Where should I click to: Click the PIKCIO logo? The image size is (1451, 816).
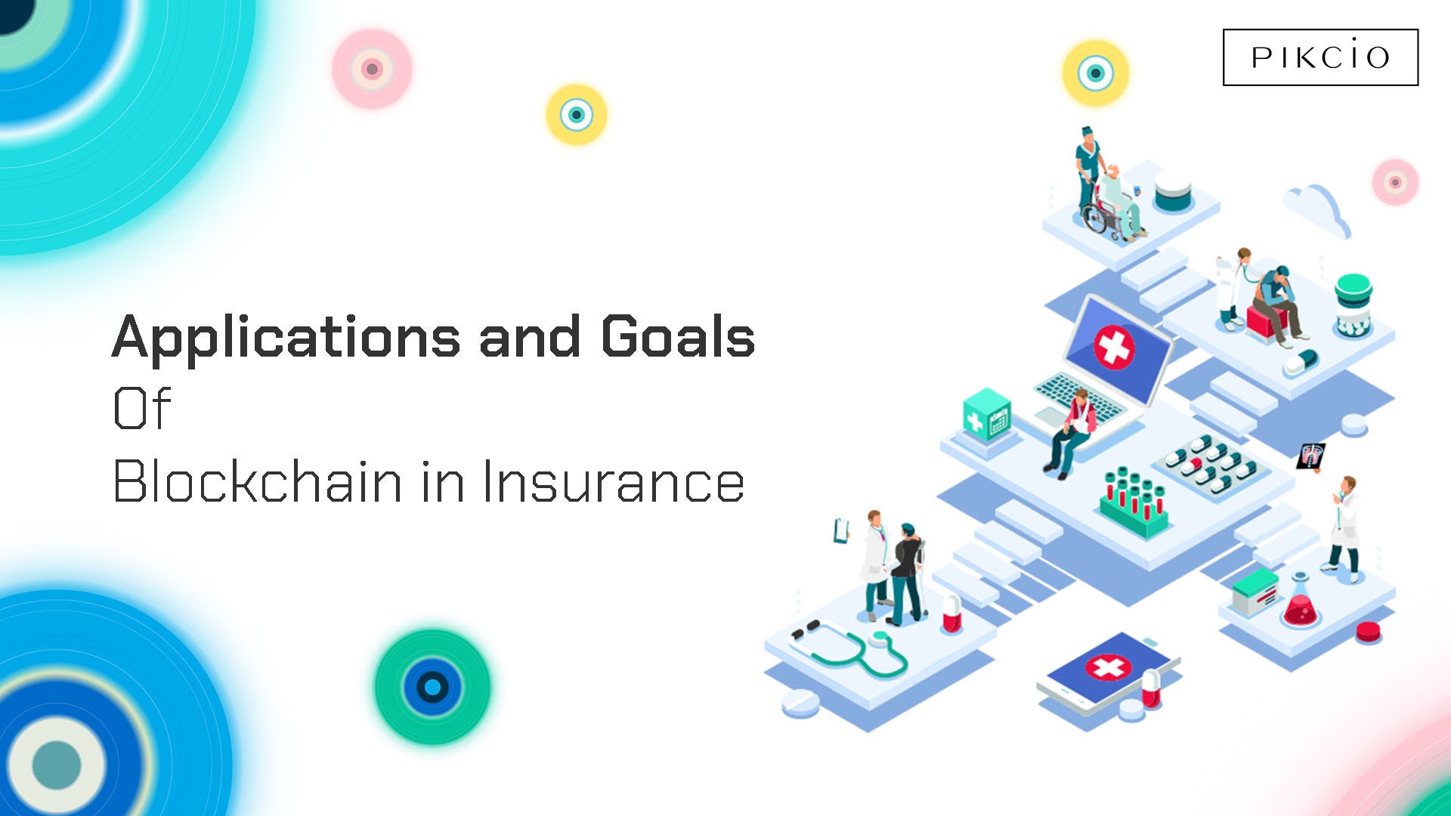coord(1320,57)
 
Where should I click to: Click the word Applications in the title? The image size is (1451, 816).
coord(286,338)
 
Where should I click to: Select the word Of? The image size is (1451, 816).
coord(142,408)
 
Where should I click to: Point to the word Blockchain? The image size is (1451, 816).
coord(258,481)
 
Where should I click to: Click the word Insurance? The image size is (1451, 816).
coord(614,481)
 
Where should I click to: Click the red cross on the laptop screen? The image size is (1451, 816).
coord(1114,347)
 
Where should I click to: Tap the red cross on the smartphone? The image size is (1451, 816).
coord(1109,667)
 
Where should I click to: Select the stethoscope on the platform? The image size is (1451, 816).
coord(848,648)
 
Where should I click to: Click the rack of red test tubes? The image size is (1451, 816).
coord(1134,502)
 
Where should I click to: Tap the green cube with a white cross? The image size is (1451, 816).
coord(987,415)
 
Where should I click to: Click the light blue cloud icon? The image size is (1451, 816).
coord(1316,209)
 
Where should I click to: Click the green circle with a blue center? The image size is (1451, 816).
coord(432,687)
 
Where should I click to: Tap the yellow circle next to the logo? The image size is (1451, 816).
coord(1095,73)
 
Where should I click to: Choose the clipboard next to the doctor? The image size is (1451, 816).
coord(841,530)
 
